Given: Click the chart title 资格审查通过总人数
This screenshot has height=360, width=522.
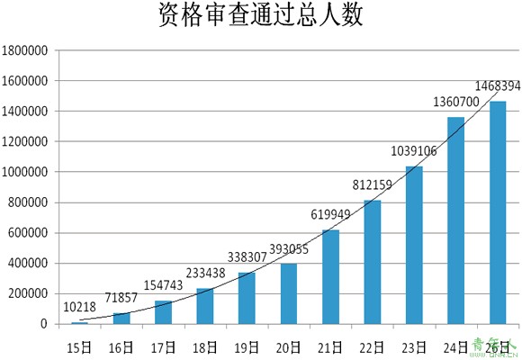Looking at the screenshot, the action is (260, 15).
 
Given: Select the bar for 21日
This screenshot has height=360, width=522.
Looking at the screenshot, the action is (330, 276).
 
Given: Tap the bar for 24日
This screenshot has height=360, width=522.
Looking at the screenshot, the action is (455, 220).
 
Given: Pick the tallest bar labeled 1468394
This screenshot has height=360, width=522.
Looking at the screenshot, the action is (498, 212).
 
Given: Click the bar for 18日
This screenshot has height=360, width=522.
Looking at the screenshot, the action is (205, 306).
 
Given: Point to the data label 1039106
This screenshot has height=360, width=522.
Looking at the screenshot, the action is (413, 151).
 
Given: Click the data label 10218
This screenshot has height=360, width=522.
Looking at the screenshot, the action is (79, 307).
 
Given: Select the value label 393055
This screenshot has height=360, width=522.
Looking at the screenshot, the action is (289, 249).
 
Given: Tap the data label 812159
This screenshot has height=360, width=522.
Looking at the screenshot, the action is (373, 184).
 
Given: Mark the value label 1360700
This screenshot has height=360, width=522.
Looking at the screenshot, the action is (456, 102).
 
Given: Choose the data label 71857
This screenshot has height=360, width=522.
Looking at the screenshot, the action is (121, 297).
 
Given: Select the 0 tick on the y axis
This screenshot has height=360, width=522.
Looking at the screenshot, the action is (44, 324).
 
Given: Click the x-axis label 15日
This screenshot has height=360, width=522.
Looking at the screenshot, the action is (79, 348).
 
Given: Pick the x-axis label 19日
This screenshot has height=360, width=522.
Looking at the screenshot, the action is (247, 348).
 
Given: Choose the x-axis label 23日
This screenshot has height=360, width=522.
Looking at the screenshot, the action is (414, 348).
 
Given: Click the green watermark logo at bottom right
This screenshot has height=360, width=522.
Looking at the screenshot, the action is (496, 348).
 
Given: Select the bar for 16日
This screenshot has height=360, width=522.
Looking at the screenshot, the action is (121, 319).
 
